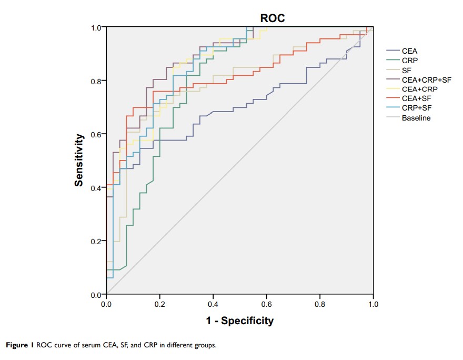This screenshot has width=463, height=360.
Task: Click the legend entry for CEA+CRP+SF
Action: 427,80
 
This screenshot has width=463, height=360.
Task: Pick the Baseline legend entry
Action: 416,118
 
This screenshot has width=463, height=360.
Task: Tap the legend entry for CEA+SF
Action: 417,99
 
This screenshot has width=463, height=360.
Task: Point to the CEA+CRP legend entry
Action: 420,89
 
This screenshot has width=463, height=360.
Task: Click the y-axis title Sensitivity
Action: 79,160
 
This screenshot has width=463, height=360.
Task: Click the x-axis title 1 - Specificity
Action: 239,321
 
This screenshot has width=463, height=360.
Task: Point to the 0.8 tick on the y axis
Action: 96,81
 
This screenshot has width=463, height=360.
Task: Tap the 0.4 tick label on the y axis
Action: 96,188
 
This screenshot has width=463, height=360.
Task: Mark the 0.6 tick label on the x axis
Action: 319,304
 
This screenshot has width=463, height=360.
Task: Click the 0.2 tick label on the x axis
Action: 159,304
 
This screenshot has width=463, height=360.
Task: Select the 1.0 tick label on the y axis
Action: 96,27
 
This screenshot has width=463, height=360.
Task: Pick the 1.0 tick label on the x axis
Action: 373,304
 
